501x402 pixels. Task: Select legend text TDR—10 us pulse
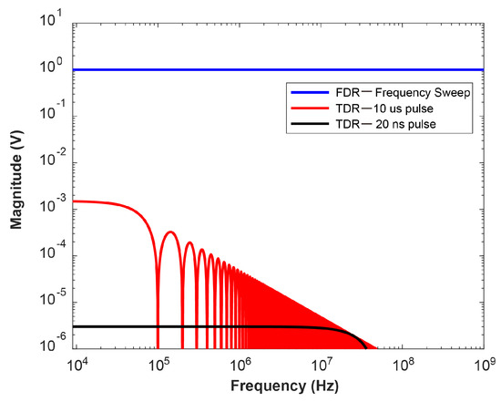[377, 108]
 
